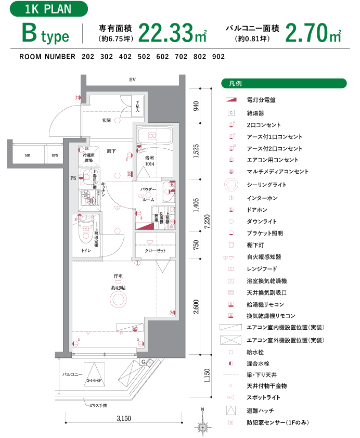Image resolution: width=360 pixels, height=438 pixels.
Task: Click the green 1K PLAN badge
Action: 48,9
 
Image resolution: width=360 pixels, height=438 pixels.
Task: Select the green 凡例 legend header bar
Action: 284,83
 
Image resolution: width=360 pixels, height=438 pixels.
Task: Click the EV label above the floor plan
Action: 133,80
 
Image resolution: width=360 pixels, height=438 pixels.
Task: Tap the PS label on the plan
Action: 73,178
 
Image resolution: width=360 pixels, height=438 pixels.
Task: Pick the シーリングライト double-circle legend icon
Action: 232,184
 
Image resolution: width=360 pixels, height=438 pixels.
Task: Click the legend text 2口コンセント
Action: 264,125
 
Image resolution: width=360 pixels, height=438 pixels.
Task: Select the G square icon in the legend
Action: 232,112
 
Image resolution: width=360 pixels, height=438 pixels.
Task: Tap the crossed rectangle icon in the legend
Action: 232,340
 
